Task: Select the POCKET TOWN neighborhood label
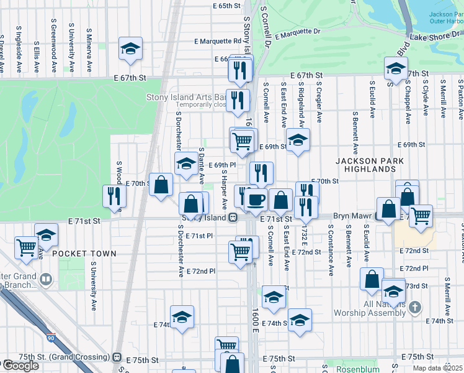tap(84, 254)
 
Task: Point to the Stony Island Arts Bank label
tap(185, 97)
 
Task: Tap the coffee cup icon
tap(254, 200)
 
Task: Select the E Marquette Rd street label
tap(217, 41)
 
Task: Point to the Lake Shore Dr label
tap(437, 37)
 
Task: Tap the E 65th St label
tap(226, 6)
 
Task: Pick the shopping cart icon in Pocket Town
tap(27, 246)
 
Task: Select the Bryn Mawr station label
tap(352, 216)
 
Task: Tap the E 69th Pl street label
tap(222, 165)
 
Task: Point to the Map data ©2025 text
tap(437, 368)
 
